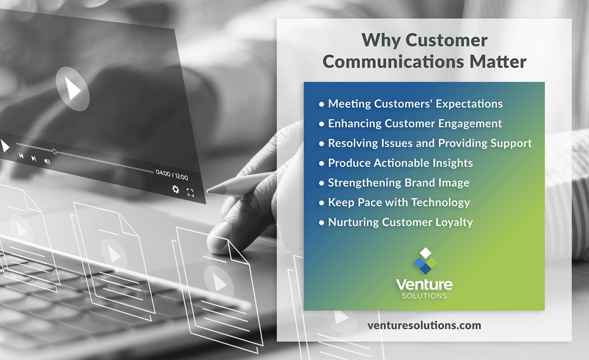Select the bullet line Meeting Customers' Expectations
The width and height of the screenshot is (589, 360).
[x=415, y=104]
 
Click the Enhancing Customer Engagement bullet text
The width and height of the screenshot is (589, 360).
[x=415, y=124]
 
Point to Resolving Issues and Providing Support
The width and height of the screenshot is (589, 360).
[x=429, y=143]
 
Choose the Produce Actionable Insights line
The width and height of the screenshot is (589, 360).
[x=400, y=163]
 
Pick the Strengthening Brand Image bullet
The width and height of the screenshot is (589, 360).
[x=398, y=183]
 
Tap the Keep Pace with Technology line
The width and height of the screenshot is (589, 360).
[x=399, y=202]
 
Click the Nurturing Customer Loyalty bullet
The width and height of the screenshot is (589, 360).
[x=400, y=222]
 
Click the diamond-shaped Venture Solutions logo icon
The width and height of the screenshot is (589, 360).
[x=425, y=261]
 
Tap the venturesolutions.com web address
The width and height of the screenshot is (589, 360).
[x=424, y=325]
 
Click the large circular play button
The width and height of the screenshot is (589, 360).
[x=72, y=89]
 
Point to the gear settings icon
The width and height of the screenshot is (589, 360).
[x=176, y=189]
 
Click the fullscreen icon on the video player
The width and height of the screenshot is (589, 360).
[x=190, y=192]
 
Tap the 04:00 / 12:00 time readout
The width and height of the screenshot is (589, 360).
[x=171, y=175]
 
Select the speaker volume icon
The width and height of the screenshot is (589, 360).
[x=47, y=160]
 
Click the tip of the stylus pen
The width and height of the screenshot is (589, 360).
[x=210, y=190]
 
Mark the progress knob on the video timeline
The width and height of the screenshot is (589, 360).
[x=54, y=151]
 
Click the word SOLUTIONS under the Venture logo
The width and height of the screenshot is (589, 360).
[x=423, y=295]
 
